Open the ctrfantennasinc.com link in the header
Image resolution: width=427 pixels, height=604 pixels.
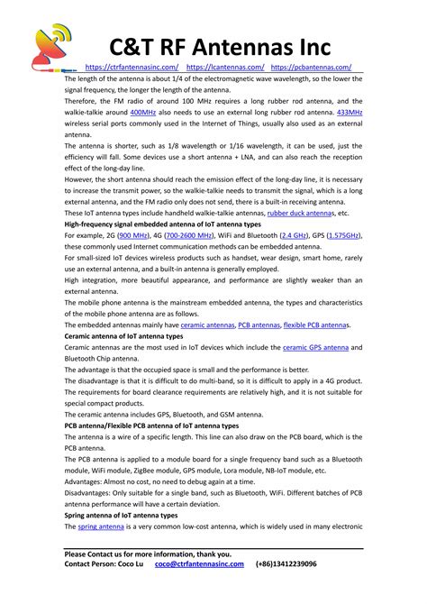coord(132,68)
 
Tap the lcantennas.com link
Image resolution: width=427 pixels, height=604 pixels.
coord(226,68)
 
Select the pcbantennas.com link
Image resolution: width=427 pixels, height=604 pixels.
coord(311,68)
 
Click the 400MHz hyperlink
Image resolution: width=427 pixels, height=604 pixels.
coord(143,112)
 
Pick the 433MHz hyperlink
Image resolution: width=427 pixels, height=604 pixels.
coord(349,112)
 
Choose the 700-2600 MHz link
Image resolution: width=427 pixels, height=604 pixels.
coord(209,235)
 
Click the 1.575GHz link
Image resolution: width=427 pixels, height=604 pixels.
coord(343,235)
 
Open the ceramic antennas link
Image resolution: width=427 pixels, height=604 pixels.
coord(207,325)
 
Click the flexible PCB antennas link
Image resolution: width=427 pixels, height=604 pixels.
coord(315,325)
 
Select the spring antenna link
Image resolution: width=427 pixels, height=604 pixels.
coord(101,526)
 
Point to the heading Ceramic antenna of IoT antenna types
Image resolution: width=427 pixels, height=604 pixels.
coord(123,335)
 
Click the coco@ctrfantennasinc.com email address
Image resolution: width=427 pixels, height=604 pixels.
coord(199,563)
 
